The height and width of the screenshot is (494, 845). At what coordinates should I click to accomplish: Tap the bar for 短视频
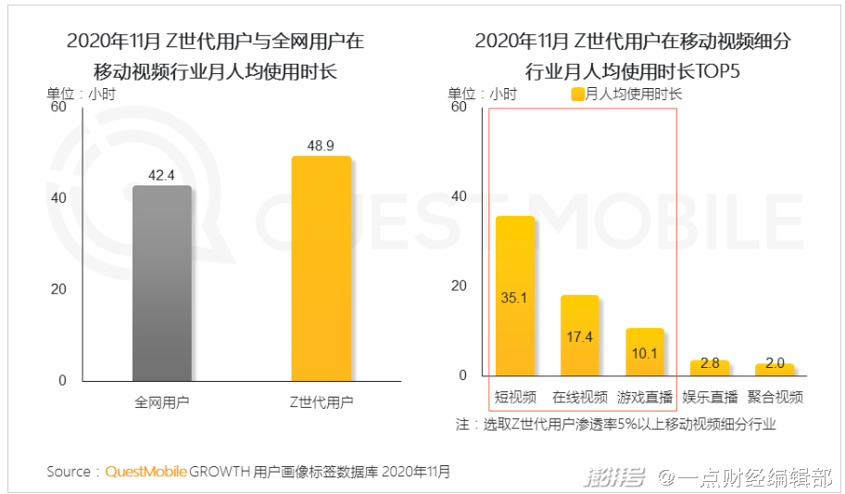point(515,297)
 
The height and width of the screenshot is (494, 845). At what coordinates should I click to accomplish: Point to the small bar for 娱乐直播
point(710,368)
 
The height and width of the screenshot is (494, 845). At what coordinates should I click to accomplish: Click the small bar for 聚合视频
point(775,369)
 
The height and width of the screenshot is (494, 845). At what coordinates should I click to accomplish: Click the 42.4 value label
point(161,174)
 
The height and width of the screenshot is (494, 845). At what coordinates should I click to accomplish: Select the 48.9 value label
point(321,146)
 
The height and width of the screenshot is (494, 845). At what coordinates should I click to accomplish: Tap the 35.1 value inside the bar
point(515,298)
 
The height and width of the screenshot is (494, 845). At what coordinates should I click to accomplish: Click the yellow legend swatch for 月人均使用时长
point(577,94)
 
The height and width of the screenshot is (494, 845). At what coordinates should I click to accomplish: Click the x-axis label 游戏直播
point(645,397)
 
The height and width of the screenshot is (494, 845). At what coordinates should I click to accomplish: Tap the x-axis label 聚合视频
point(775,397)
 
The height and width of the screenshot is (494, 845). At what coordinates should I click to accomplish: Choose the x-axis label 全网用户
point(161,402)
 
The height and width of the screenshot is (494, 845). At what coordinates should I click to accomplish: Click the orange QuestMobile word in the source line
point(145,471)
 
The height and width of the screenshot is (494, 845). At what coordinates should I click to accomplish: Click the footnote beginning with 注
point(615,424)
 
